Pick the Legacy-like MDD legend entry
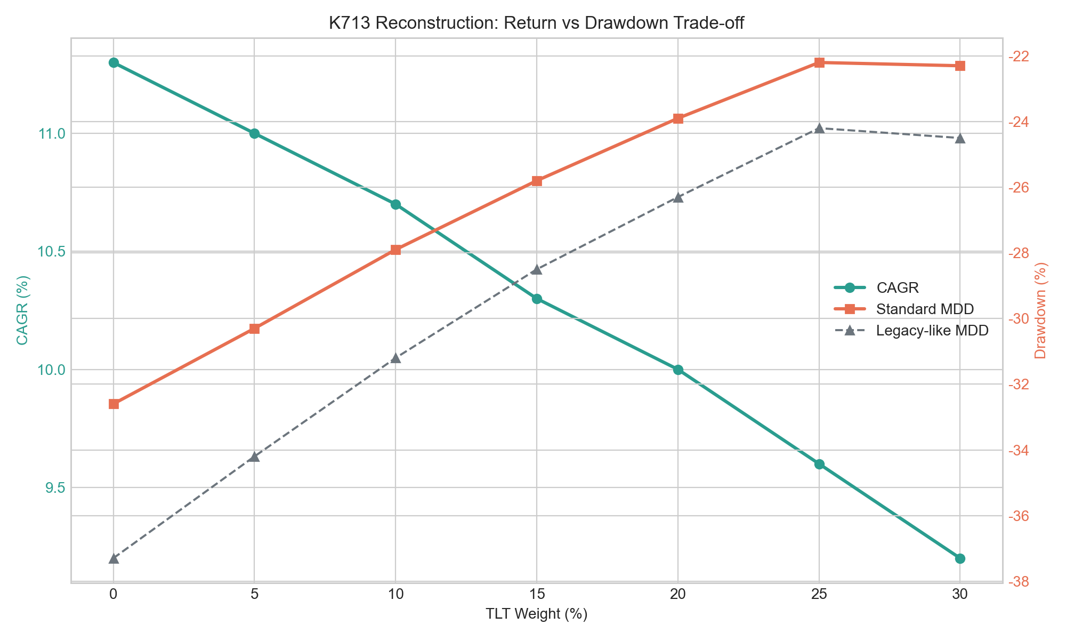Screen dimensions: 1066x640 point(911,331)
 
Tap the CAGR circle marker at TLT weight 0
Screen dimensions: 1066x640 point(114,62)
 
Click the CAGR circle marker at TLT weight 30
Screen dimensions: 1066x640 point(960,558)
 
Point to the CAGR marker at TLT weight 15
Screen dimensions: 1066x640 point(537,299)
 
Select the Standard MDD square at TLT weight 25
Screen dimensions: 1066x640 point(819,62)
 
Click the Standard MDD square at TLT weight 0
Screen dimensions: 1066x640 point(114,404)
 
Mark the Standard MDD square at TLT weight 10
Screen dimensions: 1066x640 point(395,250)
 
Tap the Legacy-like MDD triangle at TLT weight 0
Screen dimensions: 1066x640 point(114,558)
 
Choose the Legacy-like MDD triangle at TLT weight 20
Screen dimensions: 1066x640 point(678,197)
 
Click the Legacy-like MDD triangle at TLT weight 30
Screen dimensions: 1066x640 point(960,138)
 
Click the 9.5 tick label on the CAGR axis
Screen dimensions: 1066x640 point(54,488)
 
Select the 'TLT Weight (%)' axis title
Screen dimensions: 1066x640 point(537,614)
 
